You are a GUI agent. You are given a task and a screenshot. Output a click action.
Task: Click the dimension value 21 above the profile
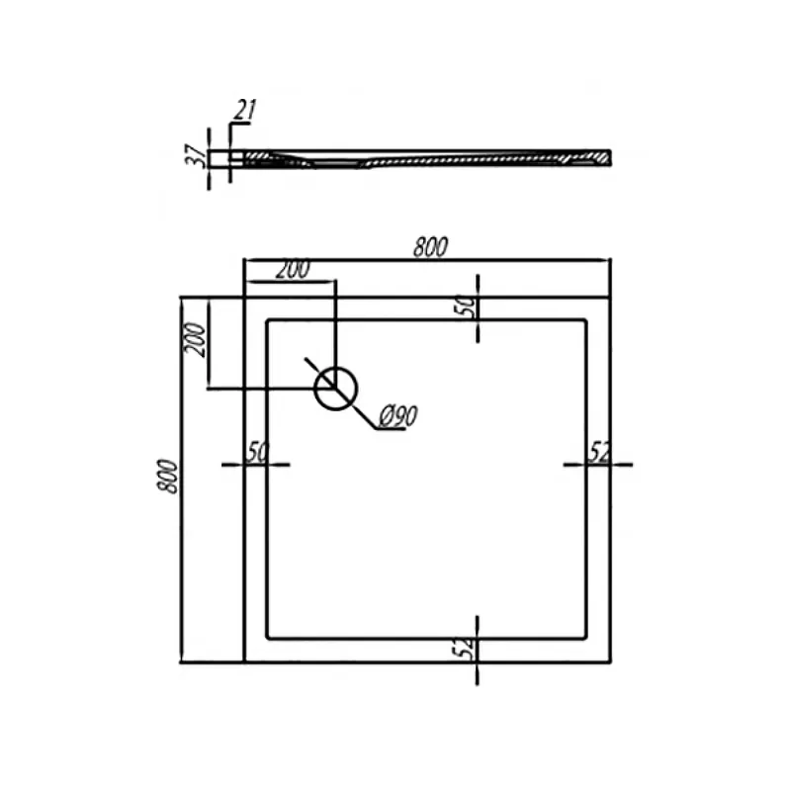[x=245, y=110]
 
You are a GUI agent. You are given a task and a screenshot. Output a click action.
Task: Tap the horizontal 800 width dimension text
[x=430, y=247]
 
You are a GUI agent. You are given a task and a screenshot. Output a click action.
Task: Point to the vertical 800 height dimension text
[x=168, y=477]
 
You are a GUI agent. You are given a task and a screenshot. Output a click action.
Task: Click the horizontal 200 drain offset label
[x=293, y=269]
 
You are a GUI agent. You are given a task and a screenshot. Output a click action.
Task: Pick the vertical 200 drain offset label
[x=196, y=339]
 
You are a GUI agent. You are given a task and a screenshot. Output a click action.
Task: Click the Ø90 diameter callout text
[x=398, y=416]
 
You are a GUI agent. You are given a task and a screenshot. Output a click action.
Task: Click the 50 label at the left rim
[x=257, y=452]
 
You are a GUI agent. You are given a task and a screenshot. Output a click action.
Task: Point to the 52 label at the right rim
[x=599, y=452]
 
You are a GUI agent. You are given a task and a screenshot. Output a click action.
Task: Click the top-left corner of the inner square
[x=267, y=319]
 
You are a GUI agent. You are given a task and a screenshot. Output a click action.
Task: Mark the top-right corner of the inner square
[x=585, y=319]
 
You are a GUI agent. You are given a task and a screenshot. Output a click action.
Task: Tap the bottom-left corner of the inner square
[x=267, y=638]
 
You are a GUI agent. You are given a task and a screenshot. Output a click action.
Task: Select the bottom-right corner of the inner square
[x=585, y=638]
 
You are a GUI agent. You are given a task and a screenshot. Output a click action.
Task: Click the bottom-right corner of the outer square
[x=610, y=661]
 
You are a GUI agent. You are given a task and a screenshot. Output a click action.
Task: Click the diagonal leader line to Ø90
[x=341, y=394]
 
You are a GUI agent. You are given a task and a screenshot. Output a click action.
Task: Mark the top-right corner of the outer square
[x=610, y=298]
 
